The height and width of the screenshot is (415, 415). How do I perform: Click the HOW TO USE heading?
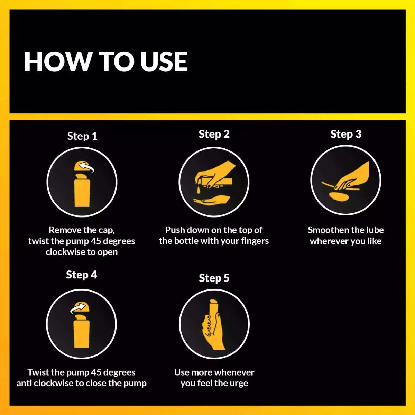click(x=106, y=62)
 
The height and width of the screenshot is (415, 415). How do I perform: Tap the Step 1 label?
click(x=82, y=137)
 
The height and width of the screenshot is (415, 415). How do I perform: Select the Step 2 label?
click(x=214, y=135)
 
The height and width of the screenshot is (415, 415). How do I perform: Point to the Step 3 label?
click(x=346, y=135)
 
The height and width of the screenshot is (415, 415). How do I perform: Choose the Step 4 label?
click(x=81, y=275)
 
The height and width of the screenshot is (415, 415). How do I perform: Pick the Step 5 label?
click(x=214, y=278)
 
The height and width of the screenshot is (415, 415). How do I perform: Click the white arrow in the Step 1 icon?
click(x=86, y=167)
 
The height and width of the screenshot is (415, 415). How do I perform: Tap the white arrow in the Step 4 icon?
click(x=78, y=308)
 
